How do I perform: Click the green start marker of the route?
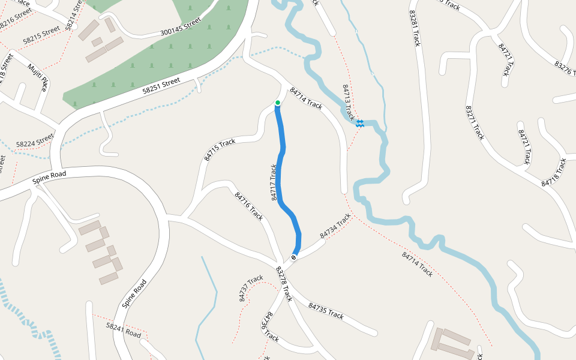[278, 103]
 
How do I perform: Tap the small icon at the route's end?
[294, 257]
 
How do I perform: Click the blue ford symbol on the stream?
[360, 123]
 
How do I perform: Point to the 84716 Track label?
[249, 206]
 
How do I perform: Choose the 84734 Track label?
[335, 226]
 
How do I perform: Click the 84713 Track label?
[349, 102]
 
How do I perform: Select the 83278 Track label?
[284, 284]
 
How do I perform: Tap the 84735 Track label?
[326, 311]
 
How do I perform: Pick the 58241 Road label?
[123, 331]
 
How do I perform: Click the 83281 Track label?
[415, 28]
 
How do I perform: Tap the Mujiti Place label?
[37, 77]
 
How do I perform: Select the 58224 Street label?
[35, 143]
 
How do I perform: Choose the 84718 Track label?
[554, 172]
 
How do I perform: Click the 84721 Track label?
[524, 147]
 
